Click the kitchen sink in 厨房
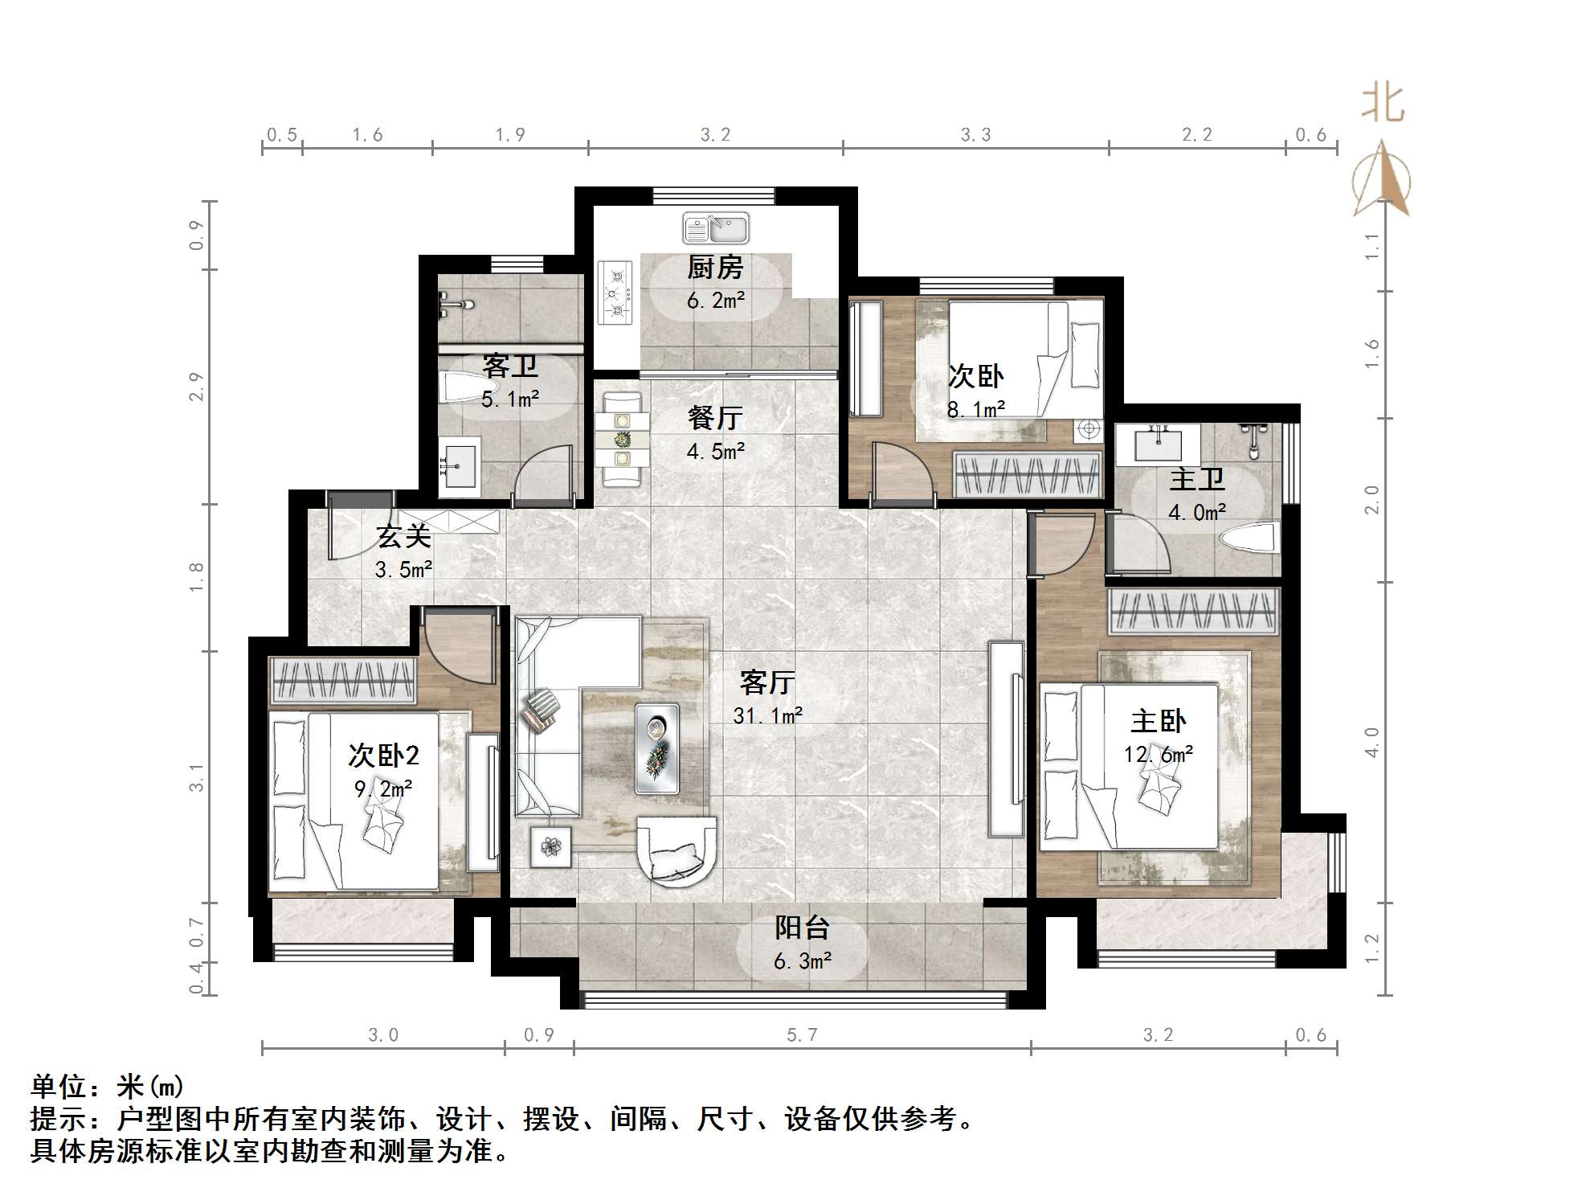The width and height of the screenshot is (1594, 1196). (715, 228)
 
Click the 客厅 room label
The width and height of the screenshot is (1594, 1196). (767, 682)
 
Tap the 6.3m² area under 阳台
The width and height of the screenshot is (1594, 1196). (802, 960)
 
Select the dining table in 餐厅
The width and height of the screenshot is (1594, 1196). (623, 440)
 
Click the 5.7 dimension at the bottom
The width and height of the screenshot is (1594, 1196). (802, 1035)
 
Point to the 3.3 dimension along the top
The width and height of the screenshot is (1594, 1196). (975, 135)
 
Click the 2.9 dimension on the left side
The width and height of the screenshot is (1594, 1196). (197, 387)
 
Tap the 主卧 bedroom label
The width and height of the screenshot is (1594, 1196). (1158, 721)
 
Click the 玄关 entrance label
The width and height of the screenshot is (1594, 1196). (404, 536)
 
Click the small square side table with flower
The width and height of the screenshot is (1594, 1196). (550, 847)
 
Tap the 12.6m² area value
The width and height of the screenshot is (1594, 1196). (1158, 754)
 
